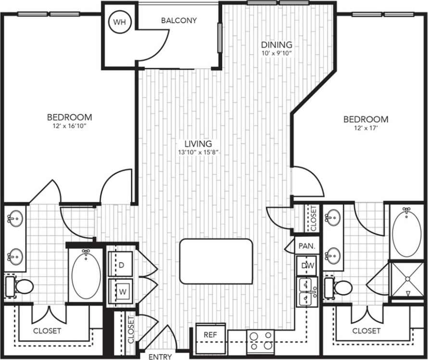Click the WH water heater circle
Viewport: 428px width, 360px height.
118,22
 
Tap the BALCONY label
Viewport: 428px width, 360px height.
179,21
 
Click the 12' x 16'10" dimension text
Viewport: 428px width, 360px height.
69,126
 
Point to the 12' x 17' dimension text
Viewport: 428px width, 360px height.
365,128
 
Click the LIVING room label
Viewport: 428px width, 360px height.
198,144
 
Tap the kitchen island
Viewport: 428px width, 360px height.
216,261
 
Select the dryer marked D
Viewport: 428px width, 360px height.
121,265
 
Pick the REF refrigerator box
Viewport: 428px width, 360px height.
209,334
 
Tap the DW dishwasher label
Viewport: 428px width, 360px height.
307,265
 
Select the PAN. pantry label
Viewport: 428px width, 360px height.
307,245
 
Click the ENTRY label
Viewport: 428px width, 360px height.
160,357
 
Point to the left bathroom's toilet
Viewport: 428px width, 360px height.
20,287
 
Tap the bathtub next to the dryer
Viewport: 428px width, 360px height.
86,275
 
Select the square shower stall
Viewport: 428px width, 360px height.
407,279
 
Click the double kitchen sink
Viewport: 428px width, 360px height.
306,292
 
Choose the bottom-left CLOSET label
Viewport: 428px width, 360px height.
47,331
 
